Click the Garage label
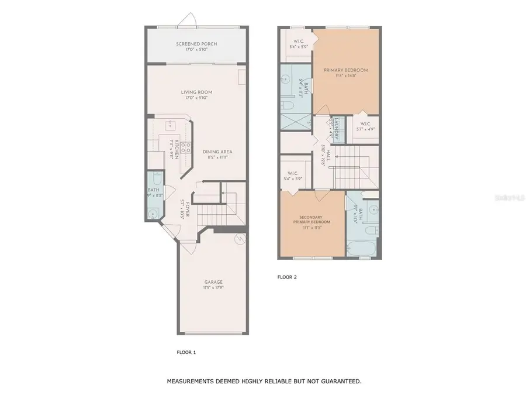pos(213,282)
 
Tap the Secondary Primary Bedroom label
pos(312,219)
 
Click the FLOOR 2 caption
pos(287,277)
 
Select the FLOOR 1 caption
pos(186,352)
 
